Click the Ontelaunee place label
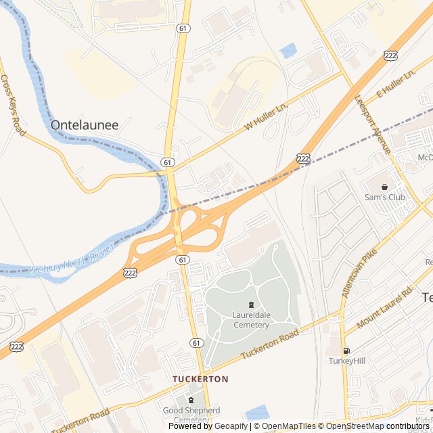coord(84,124)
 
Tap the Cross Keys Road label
coord(13,105)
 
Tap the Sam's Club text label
coord(384,197)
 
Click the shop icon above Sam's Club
coord(384,186)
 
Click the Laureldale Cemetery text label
coord(251,319)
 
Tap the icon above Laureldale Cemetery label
coord(251,304)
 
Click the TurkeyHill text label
coord(347,361)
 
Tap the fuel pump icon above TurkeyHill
coord(347,350)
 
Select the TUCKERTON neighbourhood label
coord(200,379)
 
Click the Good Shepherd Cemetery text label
coord(191,415)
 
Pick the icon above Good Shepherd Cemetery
coord(191,400)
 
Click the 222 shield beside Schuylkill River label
coord(130,272)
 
